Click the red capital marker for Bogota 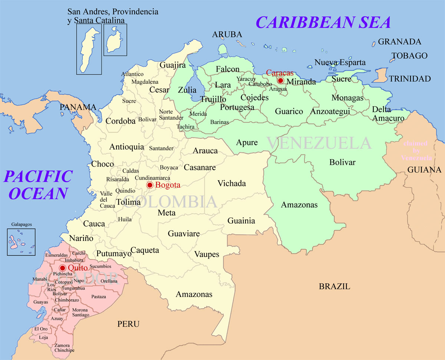[x=150, y=185]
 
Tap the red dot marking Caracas [x=281, y=81]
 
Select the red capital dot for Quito [x=62, y=268]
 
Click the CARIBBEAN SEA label [x=323, y=22]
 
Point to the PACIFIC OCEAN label [x=38, y=185]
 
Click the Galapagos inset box [x=21, y=242]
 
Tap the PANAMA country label [x=78, y=107]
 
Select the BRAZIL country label [x=334, y=286]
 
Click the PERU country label [x=128, y=324]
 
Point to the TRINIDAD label [x=409, y=79]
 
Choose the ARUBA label [x=227, y=35]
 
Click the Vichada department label [x=231, y=183]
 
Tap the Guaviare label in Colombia [x=184, y=234]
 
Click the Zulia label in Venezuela [x=187, y=90]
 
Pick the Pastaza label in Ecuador [x=99, y=297]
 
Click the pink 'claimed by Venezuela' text [x=416, y=150]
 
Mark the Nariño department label [x=82, y=238]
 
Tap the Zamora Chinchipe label [x=64, y=347]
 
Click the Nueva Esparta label [x=340, y=62]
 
